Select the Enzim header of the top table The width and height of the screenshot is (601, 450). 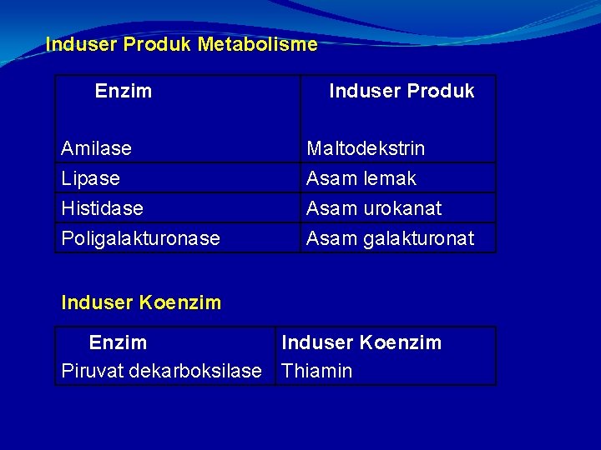[124, 92]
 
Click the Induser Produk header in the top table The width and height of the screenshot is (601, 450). [402, 92]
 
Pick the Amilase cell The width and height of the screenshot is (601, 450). [96, 148]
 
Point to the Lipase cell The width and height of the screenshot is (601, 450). [90, 178]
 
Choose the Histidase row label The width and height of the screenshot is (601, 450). [102, 208]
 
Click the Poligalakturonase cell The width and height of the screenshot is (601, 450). [140, 238]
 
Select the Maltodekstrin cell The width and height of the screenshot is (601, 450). [366, 148]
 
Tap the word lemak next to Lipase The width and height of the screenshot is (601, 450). [389, 178]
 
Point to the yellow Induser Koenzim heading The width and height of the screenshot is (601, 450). [141, 303]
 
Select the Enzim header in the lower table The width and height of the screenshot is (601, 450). [118, 342]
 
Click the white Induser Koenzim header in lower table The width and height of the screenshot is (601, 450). [361, 342]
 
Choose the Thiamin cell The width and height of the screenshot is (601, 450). [317, 371]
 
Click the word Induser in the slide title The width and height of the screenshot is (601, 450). [81, 45]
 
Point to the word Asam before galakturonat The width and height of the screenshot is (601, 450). [331, 238]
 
